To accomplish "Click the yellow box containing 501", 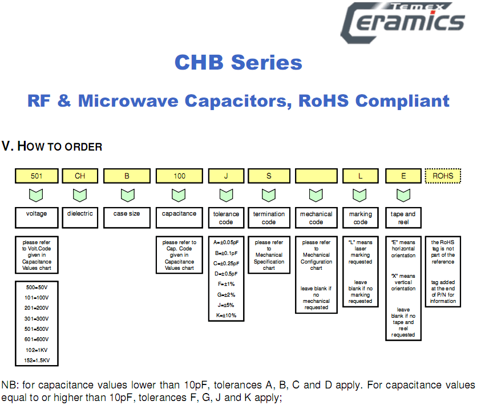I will (37, 176).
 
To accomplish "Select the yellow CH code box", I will (80, 176).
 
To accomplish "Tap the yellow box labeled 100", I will (179, 176).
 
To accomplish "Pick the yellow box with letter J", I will (226, 176).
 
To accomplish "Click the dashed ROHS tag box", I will (443, 176).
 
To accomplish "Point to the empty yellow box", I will (316, 176).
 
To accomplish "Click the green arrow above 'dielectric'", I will (80, 196).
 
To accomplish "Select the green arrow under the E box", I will (403, 196).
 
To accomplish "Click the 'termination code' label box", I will (269, 217).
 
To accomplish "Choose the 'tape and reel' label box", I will (403, 217).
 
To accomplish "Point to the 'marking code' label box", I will (360, 217).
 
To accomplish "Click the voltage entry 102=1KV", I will (36, 350).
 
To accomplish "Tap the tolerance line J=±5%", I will (226, 305).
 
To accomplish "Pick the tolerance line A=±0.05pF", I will (227, 242).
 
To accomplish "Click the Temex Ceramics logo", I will (403, 21).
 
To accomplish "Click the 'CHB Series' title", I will (238, 63).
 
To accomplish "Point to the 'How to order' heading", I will (52, 147).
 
